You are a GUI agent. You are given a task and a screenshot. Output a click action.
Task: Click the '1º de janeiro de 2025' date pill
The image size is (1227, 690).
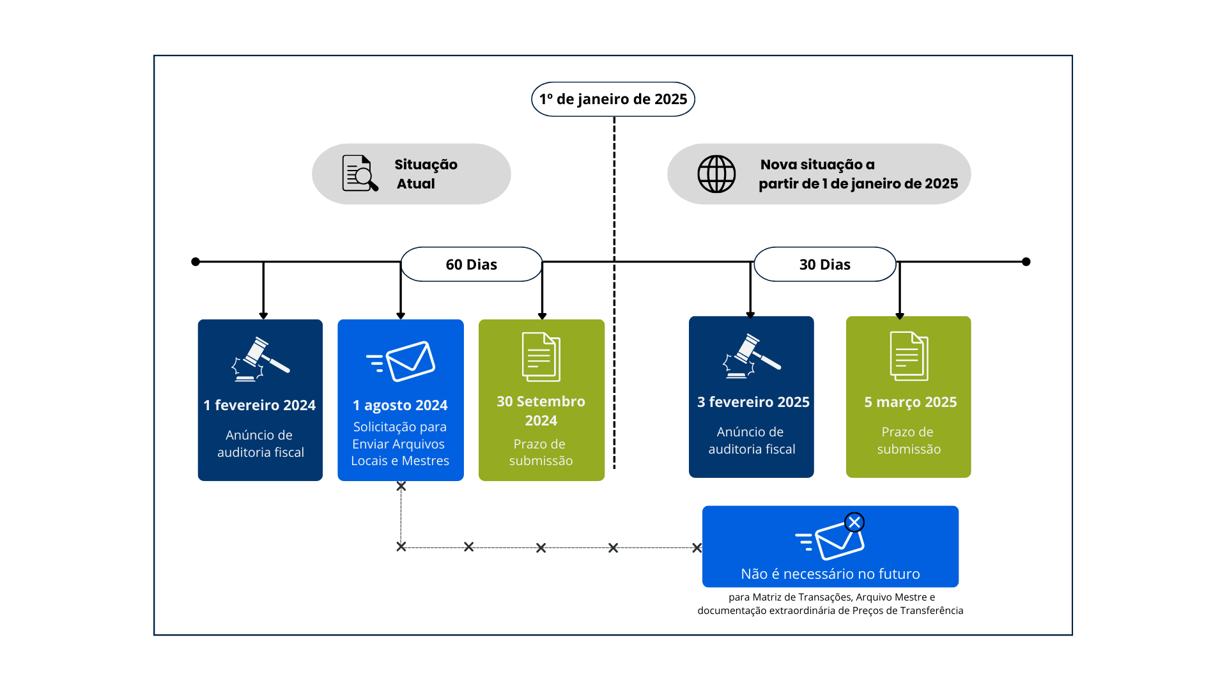[613, 99]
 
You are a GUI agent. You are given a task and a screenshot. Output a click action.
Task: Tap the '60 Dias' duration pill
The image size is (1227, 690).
[471, 264]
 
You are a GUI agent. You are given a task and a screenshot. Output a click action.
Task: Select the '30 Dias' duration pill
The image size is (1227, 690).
[824, 264]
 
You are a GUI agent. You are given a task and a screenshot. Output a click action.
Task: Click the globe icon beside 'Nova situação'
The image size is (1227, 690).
[716, 174]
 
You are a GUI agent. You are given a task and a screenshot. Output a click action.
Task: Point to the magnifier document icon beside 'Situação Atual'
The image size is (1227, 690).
[360, 173]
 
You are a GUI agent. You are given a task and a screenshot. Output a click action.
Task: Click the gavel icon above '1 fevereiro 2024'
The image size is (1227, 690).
[260, 360]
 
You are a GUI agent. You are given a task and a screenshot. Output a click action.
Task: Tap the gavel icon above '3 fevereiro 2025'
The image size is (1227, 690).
[752, 356]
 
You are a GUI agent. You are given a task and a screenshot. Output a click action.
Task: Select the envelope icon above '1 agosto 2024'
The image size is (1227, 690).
[401, 362]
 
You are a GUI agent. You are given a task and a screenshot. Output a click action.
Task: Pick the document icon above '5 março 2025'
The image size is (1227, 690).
[909, 356]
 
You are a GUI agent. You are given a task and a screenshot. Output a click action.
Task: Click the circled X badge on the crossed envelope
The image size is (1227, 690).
[854, 523]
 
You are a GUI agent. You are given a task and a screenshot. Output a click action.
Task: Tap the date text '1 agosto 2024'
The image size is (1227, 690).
[400, 405]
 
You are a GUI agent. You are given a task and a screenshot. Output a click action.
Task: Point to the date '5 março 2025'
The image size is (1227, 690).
[910, 402]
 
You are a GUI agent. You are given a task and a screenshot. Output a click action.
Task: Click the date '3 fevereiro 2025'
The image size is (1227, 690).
[753, 402]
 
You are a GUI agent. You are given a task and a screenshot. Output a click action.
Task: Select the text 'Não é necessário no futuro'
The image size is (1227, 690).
[830, 574]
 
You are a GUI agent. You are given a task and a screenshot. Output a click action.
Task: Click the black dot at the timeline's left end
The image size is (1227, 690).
[196, 262]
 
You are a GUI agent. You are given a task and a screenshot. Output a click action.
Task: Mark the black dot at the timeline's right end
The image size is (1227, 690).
[1026, 262]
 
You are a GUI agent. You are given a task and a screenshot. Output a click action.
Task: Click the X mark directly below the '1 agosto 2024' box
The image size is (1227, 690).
[401, 486]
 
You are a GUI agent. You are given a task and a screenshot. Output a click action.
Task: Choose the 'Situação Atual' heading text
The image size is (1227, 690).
[426, 174]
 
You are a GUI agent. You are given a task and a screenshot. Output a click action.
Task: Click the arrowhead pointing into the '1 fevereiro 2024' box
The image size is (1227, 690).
[263, 316]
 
